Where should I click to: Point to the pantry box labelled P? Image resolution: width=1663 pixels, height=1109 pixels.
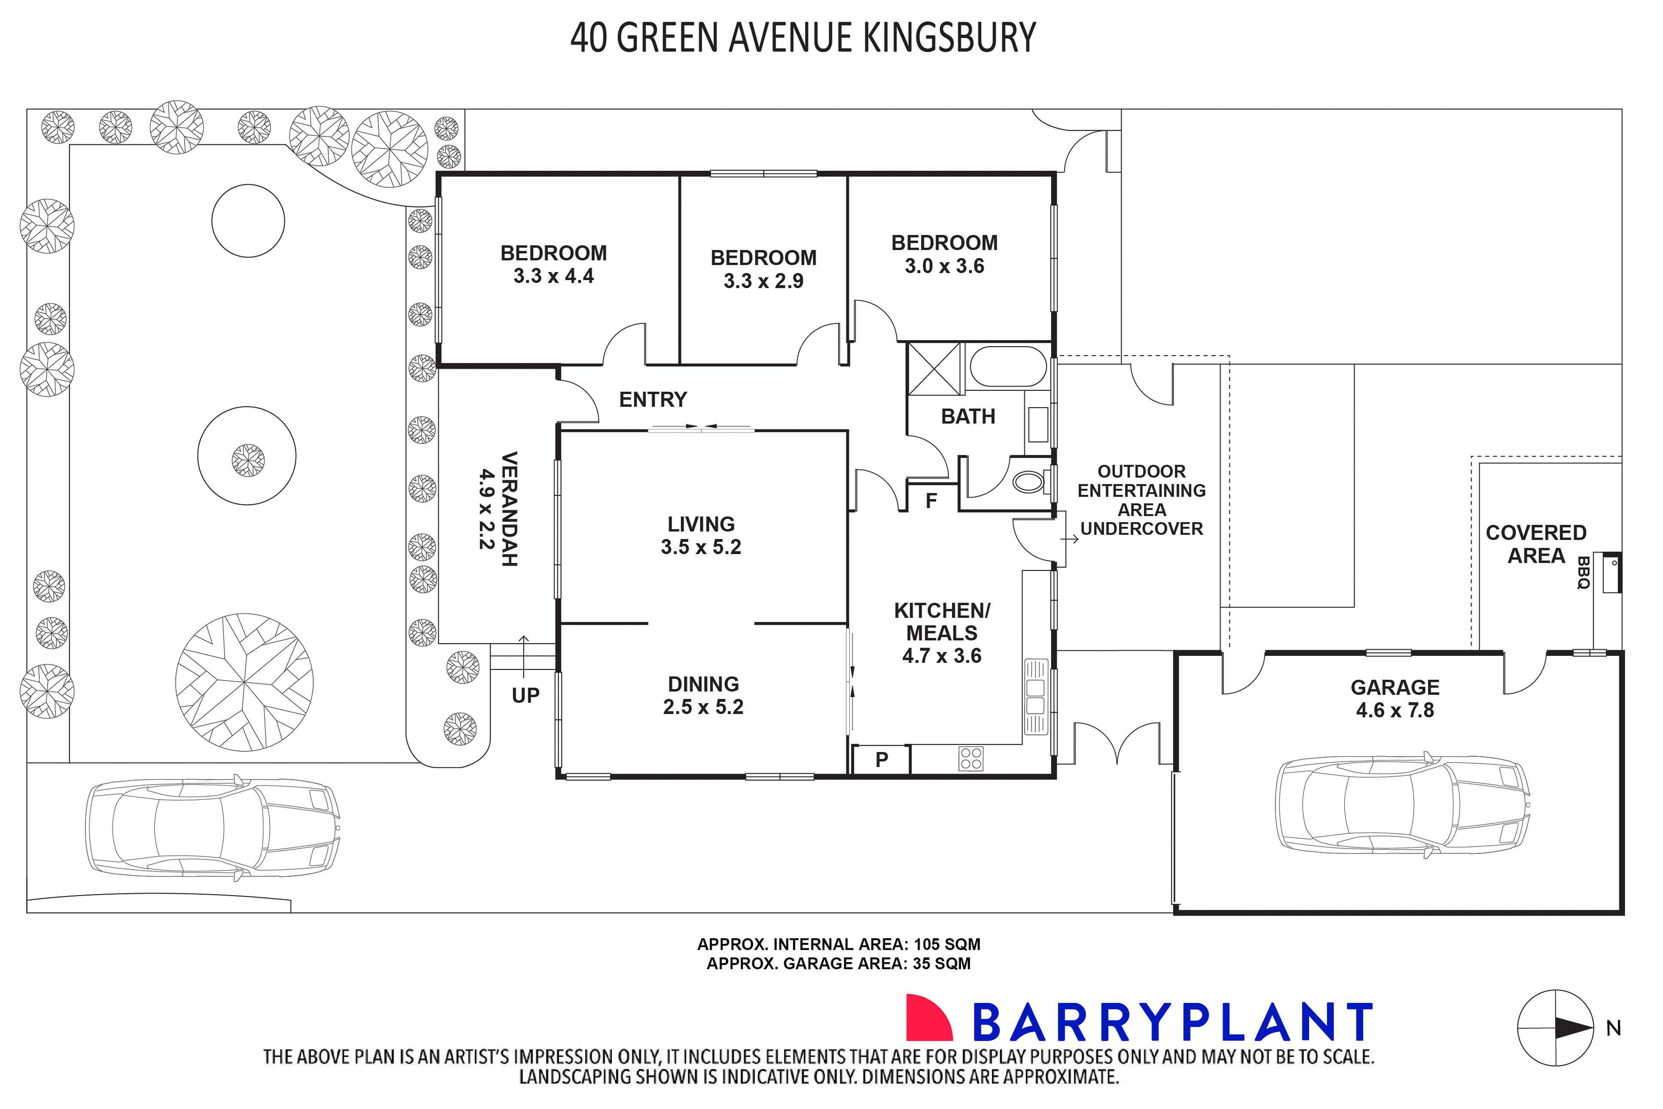[x=882, y=760]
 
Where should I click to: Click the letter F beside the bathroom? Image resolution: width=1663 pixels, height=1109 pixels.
[x=931, y=501]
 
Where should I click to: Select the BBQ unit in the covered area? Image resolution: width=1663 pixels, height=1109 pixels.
[x=1612, y=573]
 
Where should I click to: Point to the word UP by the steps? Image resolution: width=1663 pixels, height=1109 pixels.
[x=525, y=696]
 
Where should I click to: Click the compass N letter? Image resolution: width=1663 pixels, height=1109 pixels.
[x=1614, y=1028]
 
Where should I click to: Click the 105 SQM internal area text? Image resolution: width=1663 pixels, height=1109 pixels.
[x=946, y=944]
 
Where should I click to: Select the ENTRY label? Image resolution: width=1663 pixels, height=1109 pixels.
[x=653, y=399]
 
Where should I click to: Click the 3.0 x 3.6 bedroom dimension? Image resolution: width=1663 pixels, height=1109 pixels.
[x=944, y=266]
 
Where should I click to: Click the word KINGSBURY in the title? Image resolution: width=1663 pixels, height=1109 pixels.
[x=949, y=38]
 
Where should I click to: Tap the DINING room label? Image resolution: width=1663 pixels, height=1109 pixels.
[x=703, y=684]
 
